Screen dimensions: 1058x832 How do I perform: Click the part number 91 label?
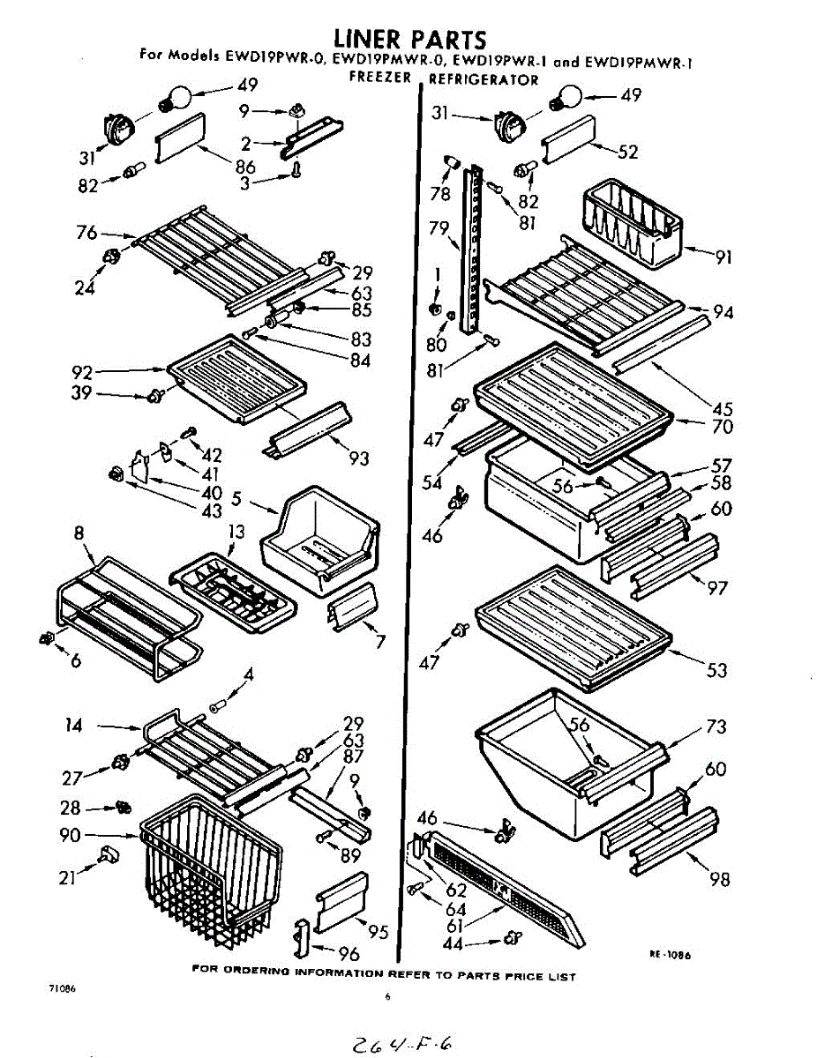[723, 258]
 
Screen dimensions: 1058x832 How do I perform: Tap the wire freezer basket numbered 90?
[212, 868]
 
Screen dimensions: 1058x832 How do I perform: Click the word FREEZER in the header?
[380, 78]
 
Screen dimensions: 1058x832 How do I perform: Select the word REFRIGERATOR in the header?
[483, 79]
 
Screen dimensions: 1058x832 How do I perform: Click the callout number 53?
[716, 671]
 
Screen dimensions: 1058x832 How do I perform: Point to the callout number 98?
[720, 879]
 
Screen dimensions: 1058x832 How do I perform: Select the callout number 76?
[86, 233]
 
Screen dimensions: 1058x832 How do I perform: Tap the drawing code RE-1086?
[670, 954]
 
